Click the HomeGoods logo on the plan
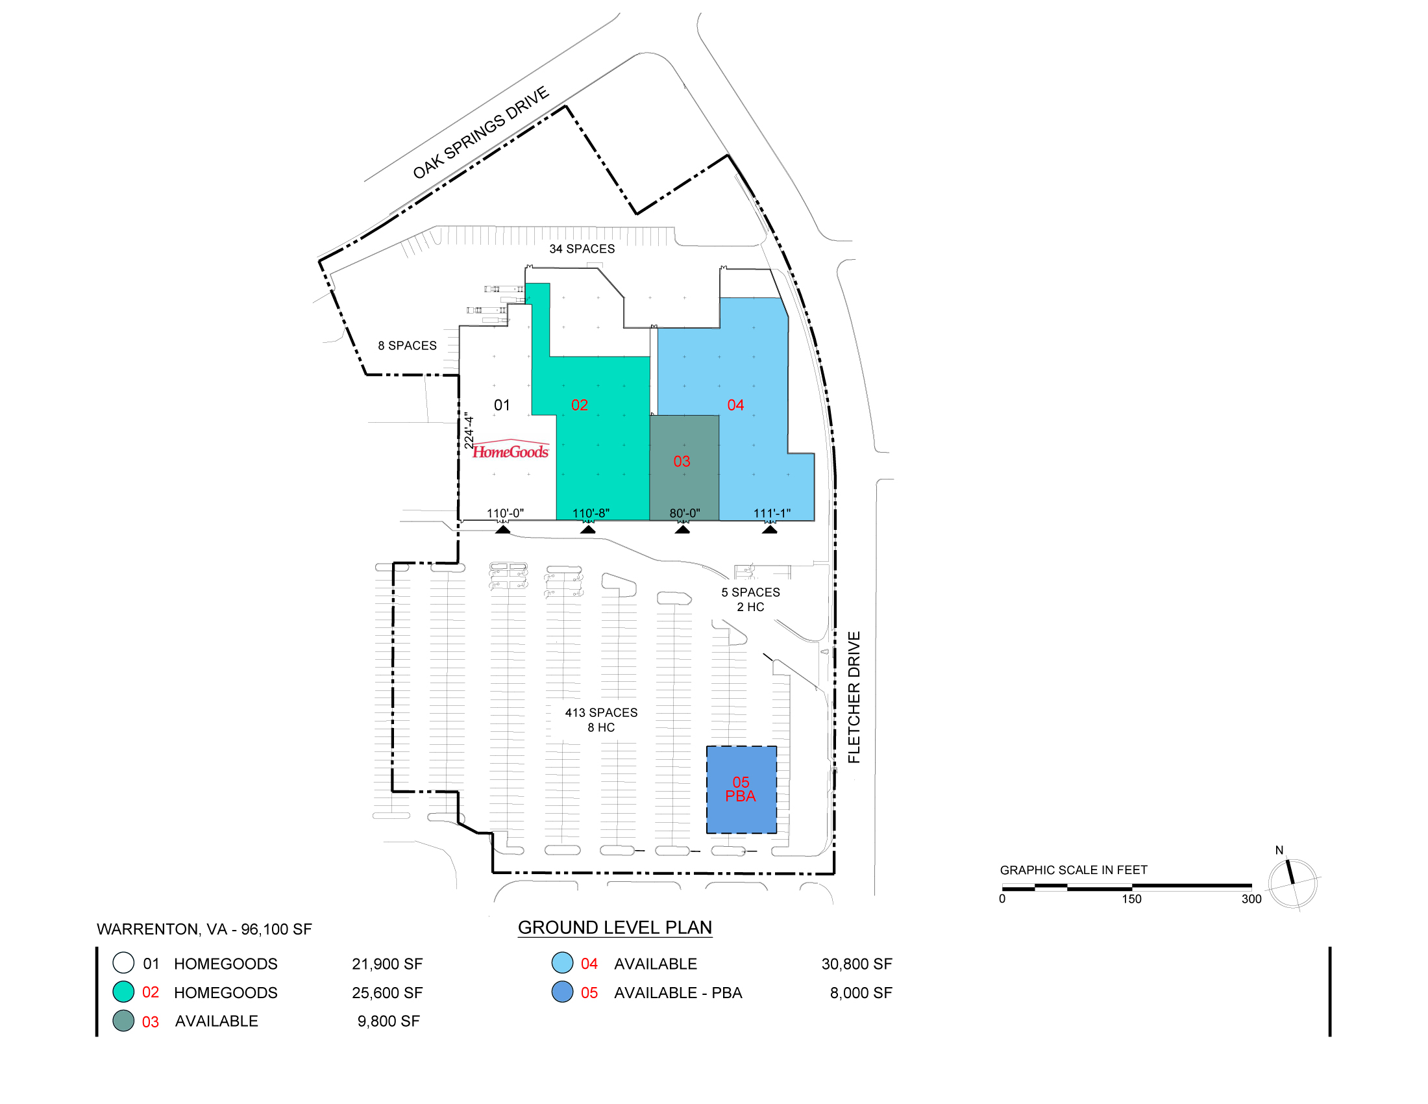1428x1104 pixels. [x=511, y=449]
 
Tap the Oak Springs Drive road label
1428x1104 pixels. [x=480, y=132]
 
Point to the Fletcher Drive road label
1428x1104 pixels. [x=854, y=697]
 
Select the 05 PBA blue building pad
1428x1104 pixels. [x=741, y=790]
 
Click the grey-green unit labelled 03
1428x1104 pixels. [x=684, y=468]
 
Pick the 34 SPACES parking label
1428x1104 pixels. [x=582, y=249]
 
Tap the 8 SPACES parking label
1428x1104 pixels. [x=408, y=345]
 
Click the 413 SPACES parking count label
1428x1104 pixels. [x=602, y=712]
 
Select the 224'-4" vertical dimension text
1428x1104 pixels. [x=468, y=431]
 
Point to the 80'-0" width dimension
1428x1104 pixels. [x=685, y=514]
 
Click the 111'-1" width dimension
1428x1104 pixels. [x=772, y=514]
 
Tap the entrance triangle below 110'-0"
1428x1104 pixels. [x=503, y=529]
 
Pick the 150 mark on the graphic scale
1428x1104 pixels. [x=1132, y=899]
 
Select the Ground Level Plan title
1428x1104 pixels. [x=615, y=928]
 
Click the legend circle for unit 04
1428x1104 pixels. [x=562, y=963]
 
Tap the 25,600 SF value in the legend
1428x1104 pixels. [x=387, y=993]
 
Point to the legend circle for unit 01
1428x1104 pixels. [x=123, y=963]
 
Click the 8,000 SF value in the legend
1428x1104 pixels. [x=861, y=993]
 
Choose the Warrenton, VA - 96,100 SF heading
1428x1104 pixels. [x=204, y=929]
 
